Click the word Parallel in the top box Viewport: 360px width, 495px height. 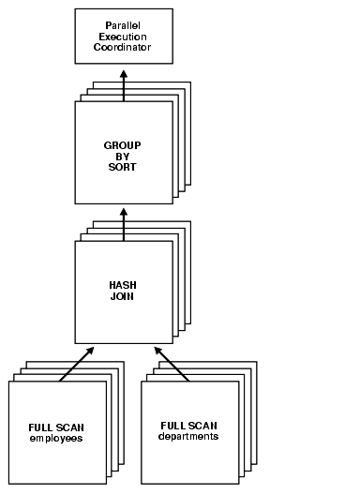124,25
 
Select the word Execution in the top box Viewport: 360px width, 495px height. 124,36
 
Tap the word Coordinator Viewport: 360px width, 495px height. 124,46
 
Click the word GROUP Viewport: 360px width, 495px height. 123,145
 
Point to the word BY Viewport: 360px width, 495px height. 123,156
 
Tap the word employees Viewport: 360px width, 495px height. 56,438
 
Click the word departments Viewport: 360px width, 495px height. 189,436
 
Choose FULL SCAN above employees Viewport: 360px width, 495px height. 56,427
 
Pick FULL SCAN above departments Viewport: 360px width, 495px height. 189,426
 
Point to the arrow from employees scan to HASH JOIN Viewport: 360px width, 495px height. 77,363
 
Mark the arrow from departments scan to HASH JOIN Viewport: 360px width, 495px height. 172,363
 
